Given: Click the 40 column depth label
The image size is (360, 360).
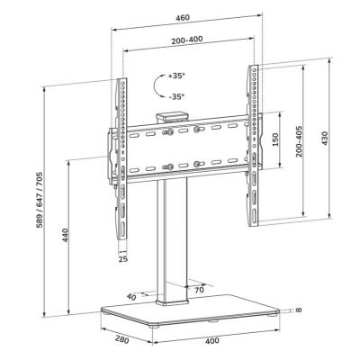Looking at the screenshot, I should pos(132,296).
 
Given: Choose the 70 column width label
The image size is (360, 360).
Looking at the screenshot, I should pos(199,290).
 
